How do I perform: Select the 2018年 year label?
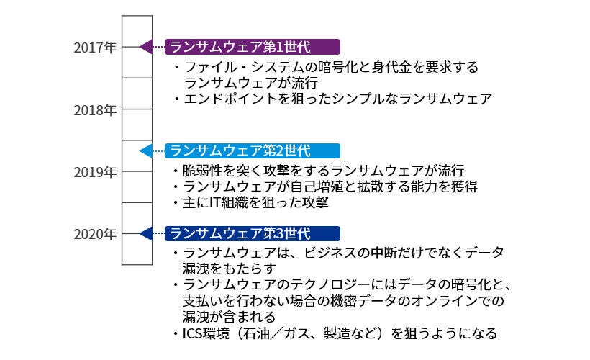point(95,110)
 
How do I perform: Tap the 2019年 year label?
point(95,172)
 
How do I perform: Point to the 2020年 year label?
point(95,234)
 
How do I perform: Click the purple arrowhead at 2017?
point(145,48)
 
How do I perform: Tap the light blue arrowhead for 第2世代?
point(145,151)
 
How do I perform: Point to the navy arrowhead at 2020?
point(145,234)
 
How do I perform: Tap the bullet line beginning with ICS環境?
point(335,333)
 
